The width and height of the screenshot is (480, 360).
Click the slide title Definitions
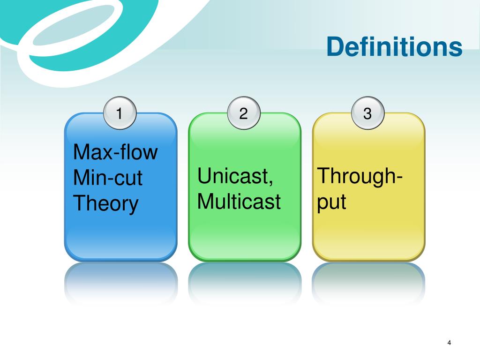click(x=394, y=47)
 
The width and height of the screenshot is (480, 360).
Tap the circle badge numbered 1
click(x=120, y=113)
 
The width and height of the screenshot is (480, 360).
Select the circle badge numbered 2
click(x=243, y=113)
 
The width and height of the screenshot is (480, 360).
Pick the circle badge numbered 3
click(x=367, y=113)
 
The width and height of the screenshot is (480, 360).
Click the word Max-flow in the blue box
click(x=116, y=153)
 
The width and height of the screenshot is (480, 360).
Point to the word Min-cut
click(x=108, y=179)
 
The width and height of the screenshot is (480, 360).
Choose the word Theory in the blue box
click(x=106, y=204)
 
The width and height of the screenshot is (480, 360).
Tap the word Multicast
click(x=239, y=202)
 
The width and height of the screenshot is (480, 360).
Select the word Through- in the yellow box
click(x=361, y=176)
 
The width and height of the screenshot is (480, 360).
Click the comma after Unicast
click(x=272, y=182)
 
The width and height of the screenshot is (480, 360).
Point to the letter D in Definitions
click(x=336, y=47)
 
